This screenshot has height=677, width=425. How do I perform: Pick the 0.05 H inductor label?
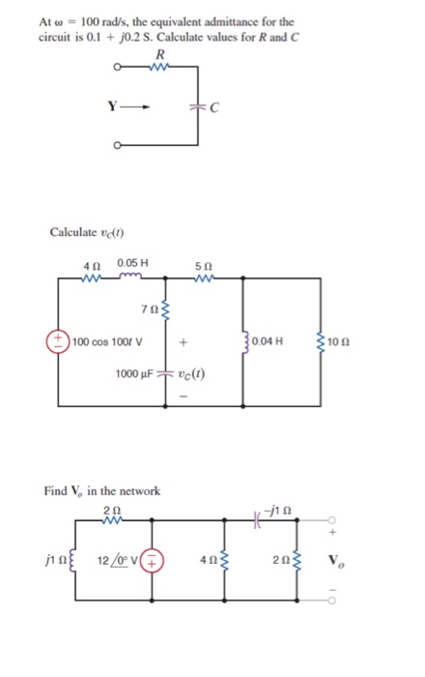pos(132,263)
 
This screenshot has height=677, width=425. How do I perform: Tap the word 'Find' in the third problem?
pos(56,491)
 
